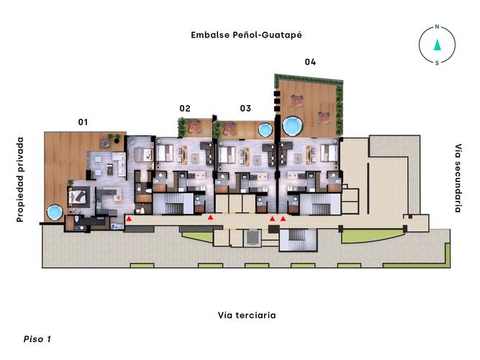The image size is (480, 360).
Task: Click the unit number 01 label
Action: [83, 122]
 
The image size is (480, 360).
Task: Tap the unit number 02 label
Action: [185, 109]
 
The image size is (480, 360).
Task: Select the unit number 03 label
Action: [245, 109]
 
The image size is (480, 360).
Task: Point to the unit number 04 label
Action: [310, 62]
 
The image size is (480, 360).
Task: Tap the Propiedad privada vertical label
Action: [20, 179]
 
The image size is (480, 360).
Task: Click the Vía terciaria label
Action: [247, 315]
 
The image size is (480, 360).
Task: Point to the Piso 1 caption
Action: [37, 338]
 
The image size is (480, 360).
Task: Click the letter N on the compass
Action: [437, 27]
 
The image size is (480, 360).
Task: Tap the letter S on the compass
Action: [437, 63]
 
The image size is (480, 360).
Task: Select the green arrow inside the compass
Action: [437, 45]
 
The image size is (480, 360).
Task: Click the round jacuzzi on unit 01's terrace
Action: [54, 213]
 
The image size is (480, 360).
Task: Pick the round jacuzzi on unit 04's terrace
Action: [292, 126]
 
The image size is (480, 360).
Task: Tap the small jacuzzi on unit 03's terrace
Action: [264, 130]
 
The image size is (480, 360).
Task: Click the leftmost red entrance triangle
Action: [129, 217]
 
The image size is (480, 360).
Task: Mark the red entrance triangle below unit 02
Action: [210, 217]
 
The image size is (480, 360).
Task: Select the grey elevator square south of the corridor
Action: [253, 237]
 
